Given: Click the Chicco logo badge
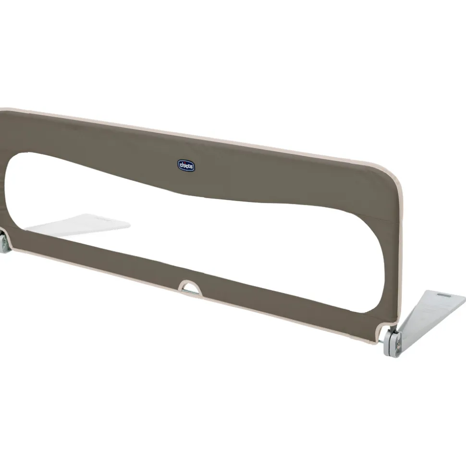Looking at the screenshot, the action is pyautogui.click(x=186, y=165).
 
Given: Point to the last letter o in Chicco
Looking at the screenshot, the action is pyautogui.click(x=191, y=167).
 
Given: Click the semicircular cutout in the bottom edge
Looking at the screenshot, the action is pyautogui.click(x=190, y=288).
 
